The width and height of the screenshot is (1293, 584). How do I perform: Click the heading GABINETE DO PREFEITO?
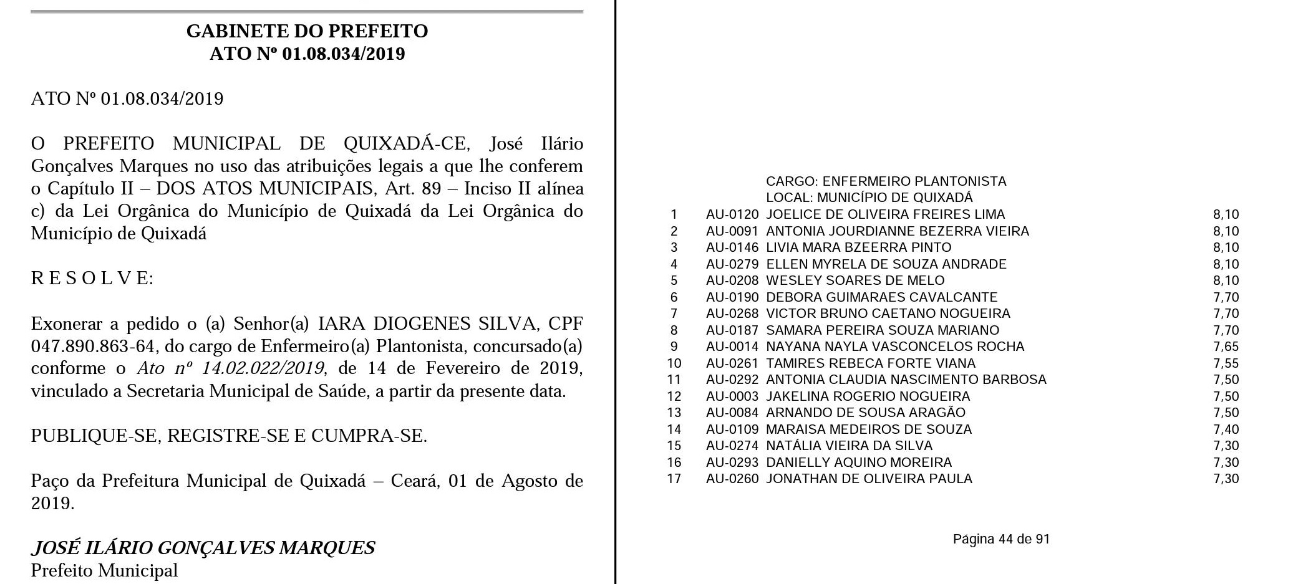(x=307, y=31)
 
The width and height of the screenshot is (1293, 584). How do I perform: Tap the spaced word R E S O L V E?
(x=92, y=278)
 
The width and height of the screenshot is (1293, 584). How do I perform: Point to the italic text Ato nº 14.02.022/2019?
(x=231, y=368)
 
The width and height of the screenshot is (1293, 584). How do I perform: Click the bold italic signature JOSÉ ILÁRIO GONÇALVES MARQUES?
(x=203, y=547)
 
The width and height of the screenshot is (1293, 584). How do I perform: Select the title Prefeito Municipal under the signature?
(x=104, y=570)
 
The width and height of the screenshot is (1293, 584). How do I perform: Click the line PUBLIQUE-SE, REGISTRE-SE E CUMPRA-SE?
(x=229, y=436)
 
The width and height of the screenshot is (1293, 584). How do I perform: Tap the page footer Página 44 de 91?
(x=1001, y=539)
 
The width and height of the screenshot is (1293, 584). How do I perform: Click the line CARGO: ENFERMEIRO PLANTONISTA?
(x=886, y=181)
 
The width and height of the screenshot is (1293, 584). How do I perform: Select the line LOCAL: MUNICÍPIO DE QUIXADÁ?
(x=869, y=198)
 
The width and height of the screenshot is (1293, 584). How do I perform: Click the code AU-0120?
(x=732, y=214)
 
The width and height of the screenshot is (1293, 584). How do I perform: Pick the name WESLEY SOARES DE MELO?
(x=855, y=280)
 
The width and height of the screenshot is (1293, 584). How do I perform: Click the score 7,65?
(x=1226, y=347)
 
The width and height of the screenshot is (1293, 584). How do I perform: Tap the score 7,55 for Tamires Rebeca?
(x=1226, y=363)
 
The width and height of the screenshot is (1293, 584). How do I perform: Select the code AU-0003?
(x=732, y=396)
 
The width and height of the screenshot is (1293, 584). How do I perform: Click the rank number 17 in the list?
(x=674, y=479)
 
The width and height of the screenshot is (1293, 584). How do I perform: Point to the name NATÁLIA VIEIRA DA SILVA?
(x=849, y=446)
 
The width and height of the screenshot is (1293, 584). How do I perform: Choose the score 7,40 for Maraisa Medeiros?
(x=1226, y=429)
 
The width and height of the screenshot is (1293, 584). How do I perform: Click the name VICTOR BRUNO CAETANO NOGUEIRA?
(x=888, y=314)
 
